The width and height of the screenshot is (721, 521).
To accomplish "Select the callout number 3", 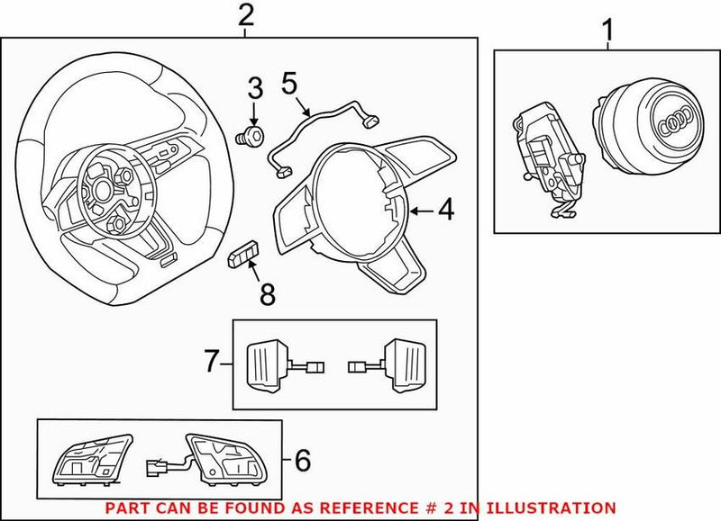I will click(x=255, y=88).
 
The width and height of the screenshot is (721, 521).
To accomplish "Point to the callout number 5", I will click(x=289, y=83).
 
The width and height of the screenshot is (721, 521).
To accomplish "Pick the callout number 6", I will click(x=303, y=462).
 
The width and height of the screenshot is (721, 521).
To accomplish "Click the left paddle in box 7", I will click(x=268, y=363).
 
